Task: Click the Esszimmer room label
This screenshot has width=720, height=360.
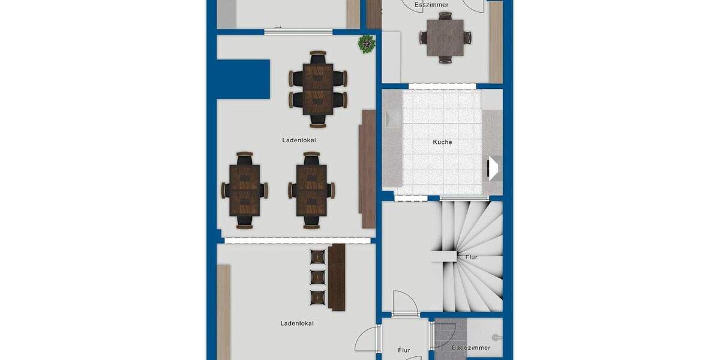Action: [x=431, y=5]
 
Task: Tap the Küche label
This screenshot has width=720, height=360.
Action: [x=443, y=143]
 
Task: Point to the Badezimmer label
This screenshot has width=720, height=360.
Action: [x=471, y=348]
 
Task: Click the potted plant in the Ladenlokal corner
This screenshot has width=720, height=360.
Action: [x=366, y=44]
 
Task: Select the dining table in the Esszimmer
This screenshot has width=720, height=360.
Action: [x=445, y=37]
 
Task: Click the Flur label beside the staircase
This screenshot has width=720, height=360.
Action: [x=471, y=257]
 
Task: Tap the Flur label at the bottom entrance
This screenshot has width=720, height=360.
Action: [x=404, y=350]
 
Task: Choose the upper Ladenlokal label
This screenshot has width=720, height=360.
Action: [x=299, y=140]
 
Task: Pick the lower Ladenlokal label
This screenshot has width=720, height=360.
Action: [x=297, y=323]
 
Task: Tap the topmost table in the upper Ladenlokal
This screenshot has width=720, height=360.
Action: [x=318, y=89]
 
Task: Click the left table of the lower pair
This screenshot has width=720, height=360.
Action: [x=244, y=190]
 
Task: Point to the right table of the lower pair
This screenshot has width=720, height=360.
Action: [x=311, y=190]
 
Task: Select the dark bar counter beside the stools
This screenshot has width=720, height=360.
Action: [x=337, y=277]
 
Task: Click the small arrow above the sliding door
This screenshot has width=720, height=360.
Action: [x=278, y=27]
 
